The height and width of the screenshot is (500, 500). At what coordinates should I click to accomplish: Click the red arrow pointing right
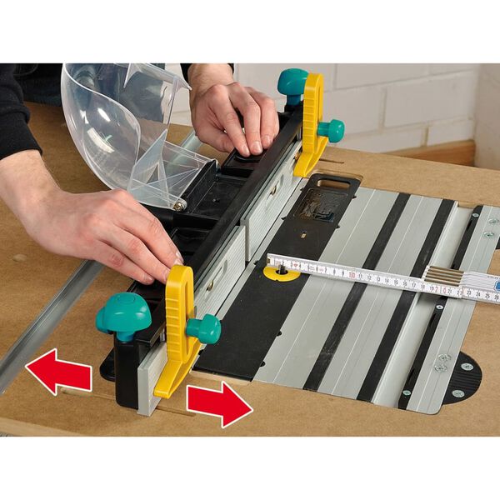[x=218, y=405]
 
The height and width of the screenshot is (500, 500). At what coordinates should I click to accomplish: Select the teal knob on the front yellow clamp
[x=205, y=328]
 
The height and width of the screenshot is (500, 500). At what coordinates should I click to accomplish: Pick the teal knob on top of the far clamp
[x=292, y=82]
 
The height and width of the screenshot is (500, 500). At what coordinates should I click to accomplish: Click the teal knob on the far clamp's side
[x=332, y=129]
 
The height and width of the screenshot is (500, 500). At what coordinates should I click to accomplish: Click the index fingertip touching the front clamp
[x=174, y=260]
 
